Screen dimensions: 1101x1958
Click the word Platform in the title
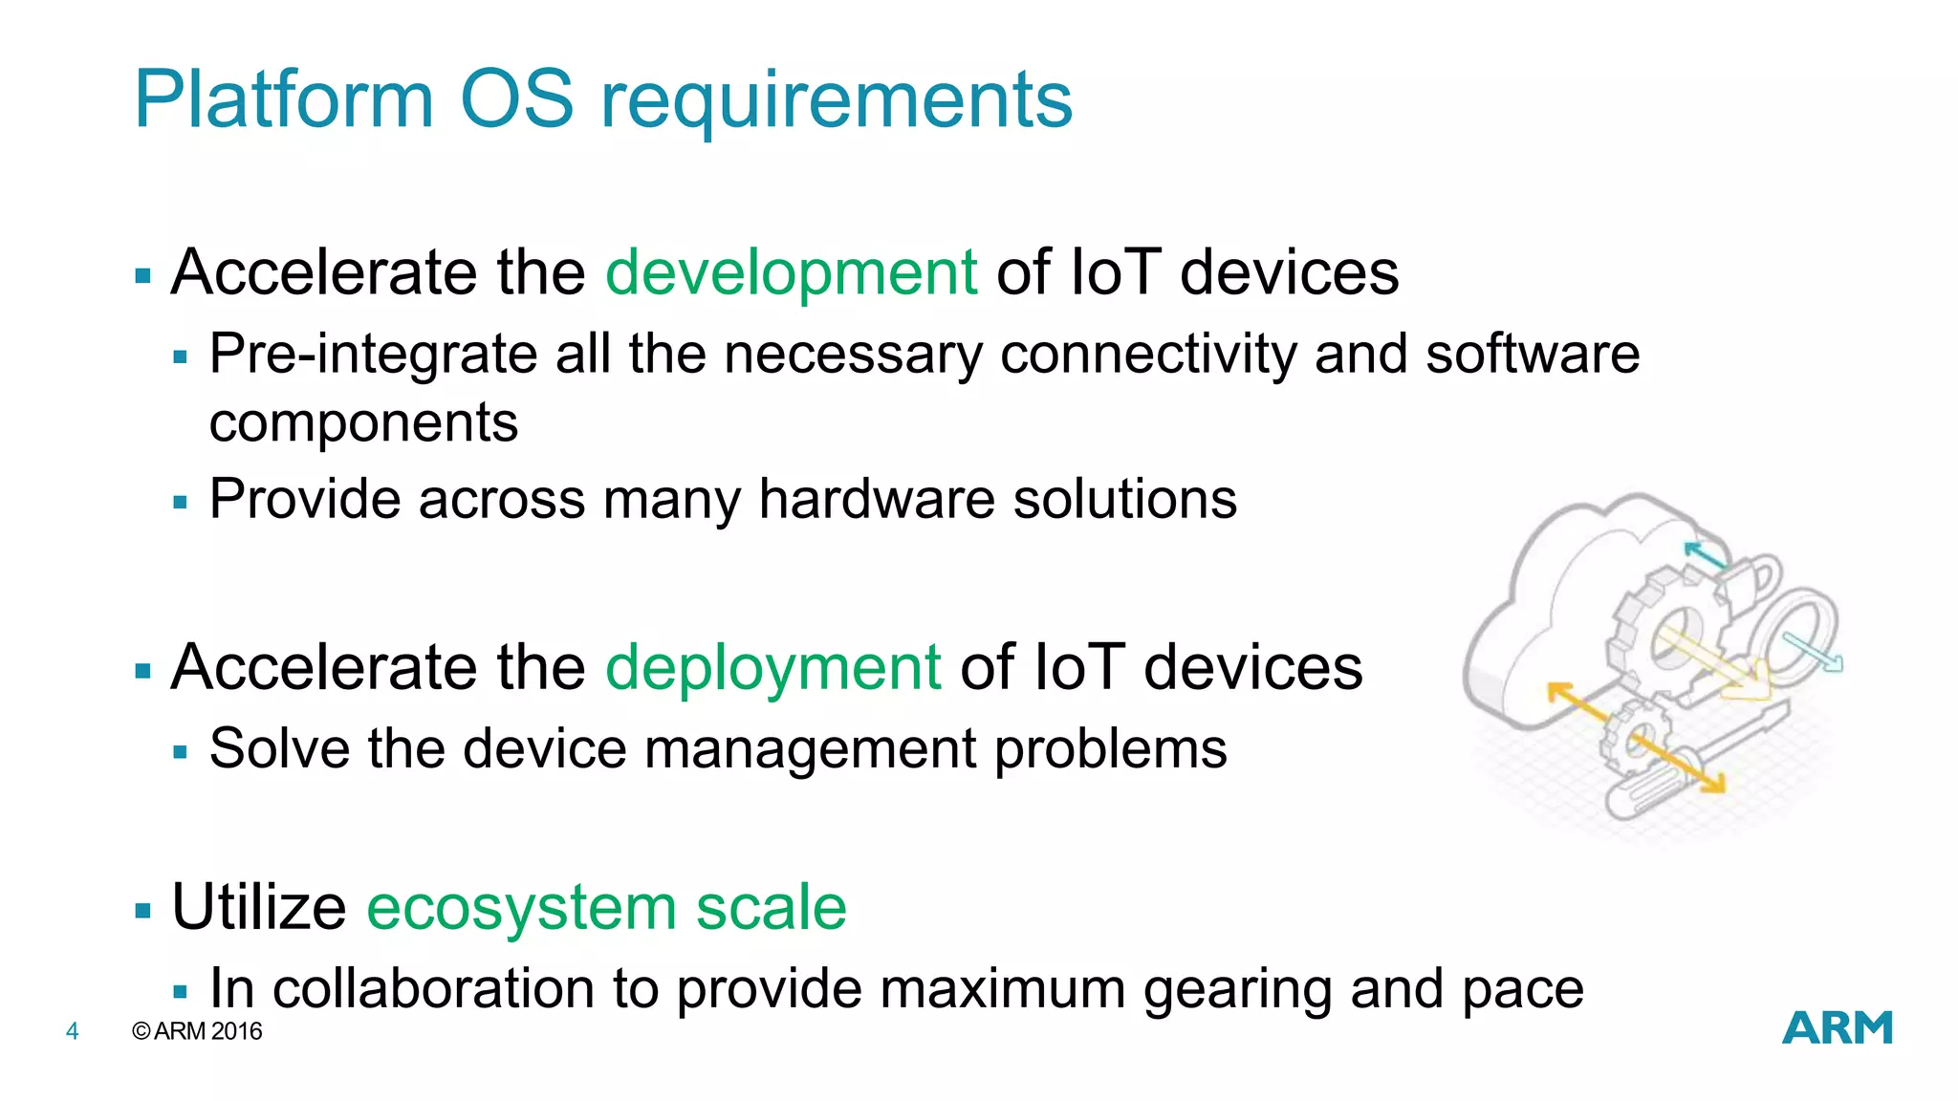[x=284, y=99]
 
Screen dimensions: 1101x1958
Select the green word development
[x=791, y=273]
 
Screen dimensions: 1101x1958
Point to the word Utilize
[x=258, y=907]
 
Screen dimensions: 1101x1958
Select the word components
[x=363, y=423]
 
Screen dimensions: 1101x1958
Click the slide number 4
[x=72, y=1031]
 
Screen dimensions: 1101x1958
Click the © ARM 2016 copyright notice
[x=198, y=1031]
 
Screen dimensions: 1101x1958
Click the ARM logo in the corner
[x=1837, y=1028]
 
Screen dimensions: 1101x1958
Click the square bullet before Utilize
[x=143, y=911]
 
